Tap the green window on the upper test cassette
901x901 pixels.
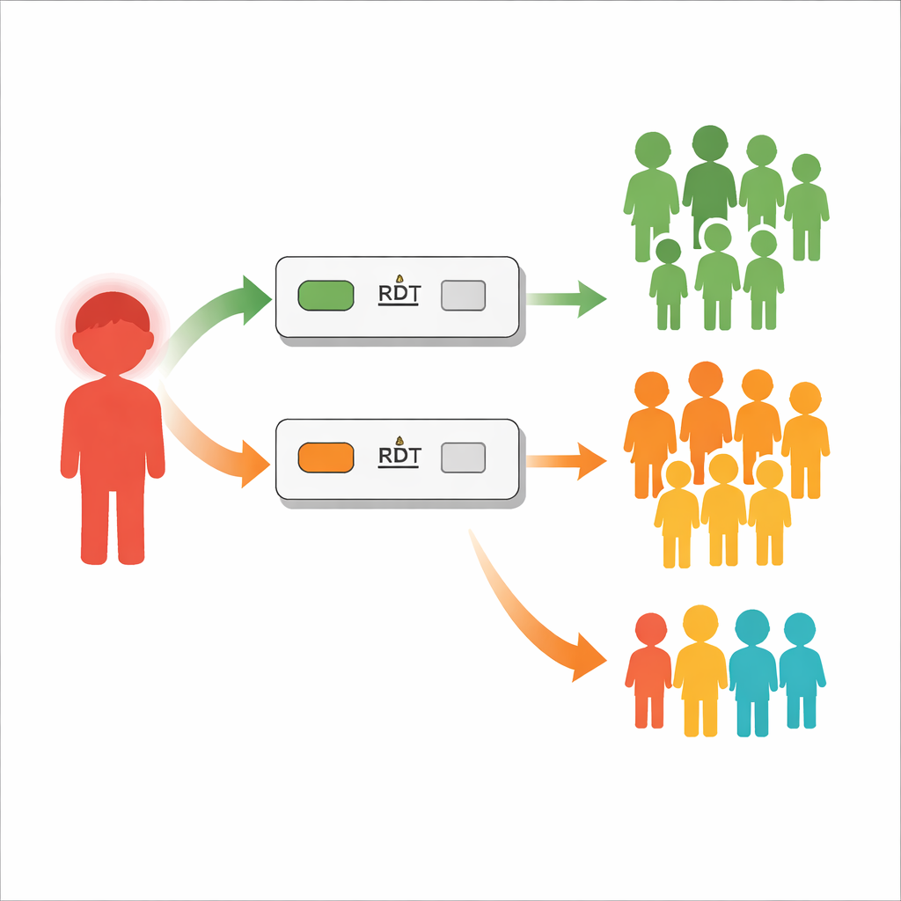(x=326, y=296)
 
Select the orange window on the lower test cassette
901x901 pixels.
(x=326, y=458)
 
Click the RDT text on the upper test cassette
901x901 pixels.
(x=399, y=294)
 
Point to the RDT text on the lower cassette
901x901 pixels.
(x=399, y=456)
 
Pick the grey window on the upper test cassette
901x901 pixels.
(x=463, y=296)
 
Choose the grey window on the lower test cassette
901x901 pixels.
(x=463, y=458)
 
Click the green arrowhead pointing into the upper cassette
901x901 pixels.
(x=256, y=299)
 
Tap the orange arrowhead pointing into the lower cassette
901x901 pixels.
(x=255, y=464)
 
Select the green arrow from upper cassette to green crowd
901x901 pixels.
(x=566, y=299)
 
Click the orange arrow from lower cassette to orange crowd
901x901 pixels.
(x=566, y=461)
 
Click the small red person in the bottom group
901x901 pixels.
(x=649, y=670)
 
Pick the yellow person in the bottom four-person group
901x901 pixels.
(x=700, y=670)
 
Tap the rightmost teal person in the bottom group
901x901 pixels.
(x=802, y=670)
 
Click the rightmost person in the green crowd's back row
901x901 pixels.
(x=806, y=207)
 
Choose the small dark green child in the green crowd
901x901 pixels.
(x=669, y=284)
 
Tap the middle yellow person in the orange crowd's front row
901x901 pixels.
(x=723, y=509)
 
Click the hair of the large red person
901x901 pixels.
(x=113, y=311)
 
